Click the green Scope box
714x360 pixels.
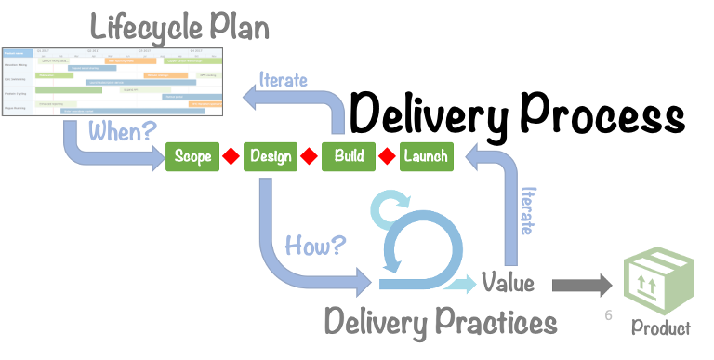coord(192,156)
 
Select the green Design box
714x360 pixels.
coord(271,156)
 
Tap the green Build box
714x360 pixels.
coord(349,155)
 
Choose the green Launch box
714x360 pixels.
coord(427,155)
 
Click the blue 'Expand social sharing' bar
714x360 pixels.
coord(93,68)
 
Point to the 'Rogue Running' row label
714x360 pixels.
coord(16,108)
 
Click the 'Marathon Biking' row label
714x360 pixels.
coord(17,65)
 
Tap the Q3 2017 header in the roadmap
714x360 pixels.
coord(145,51)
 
